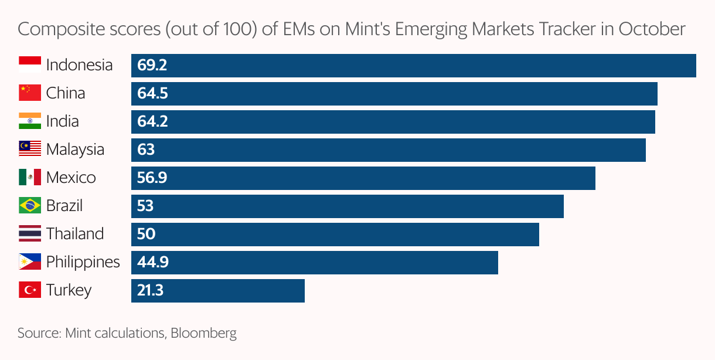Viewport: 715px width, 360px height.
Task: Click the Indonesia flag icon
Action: (29, 65)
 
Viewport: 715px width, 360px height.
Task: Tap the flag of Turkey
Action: (29, 290)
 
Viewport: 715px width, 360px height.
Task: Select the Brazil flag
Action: (29, 206)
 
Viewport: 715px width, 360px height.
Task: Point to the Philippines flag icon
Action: (29, 262)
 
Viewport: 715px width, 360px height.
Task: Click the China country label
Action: (66, 93)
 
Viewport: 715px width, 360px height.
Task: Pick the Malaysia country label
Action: (75, 150)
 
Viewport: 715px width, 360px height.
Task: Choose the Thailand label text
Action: (75, 234)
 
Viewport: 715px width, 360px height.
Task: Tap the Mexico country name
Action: (71, 178)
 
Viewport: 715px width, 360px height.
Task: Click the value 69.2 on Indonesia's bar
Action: (152, 65)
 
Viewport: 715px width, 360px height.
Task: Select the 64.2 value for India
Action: (152, 121)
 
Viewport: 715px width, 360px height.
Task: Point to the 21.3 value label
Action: (151, 290)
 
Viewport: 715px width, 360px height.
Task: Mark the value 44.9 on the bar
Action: (153, 262)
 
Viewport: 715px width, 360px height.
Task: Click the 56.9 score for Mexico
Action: (152, 178)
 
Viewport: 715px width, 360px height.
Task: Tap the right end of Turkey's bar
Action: (303, 290)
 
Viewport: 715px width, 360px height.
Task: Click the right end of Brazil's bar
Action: (562, 206)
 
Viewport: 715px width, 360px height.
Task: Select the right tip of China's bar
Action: (656, 93)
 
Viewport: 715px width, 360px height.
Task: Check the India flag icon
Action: (29, 121)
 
